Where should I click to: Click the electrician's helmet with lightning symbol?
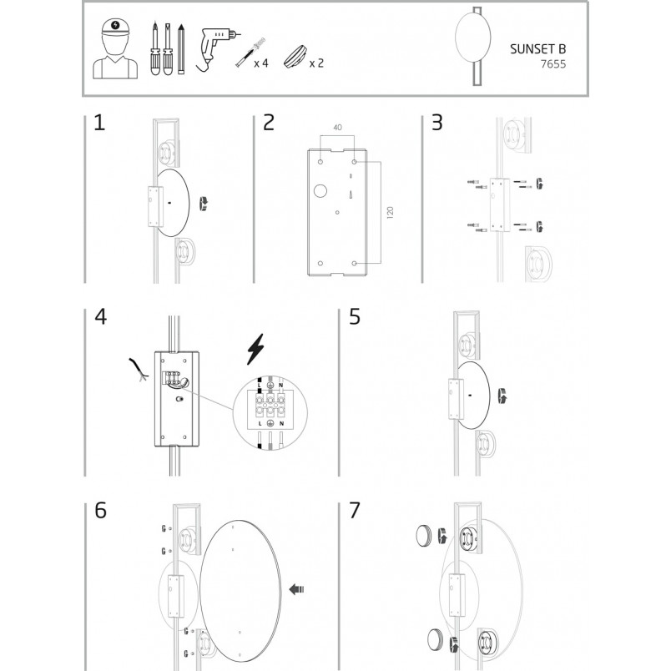[115, 27]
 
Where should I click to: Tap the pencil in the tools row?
[181, 49]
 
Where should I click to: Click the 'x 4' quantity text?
[261, 63]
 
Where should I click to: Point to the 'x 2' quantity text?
[316, 63]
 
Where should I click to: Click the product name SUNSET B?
[538, 48]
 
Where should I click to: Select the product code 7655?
[553, 64]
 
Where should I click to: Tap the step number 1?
[99, 123]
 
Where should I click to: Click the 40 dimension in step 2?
[338, 128]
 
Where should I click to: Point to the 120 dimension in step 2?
[390, 213]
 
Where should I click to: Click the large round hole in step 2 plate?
[320, 191]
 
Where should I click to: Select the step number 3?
[437, 123]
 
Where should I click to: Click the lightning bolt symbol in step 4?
[256, 349]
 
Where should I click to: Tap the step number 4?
[100, 316]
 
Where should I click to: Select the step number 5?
[355, 316]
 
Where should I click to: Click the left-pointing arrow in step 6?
[296, 589]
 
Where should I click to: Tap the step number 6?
[100, 510]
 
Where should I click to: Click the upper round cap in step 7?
[424, 536]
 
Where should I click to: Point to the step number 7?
[355, 510]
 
